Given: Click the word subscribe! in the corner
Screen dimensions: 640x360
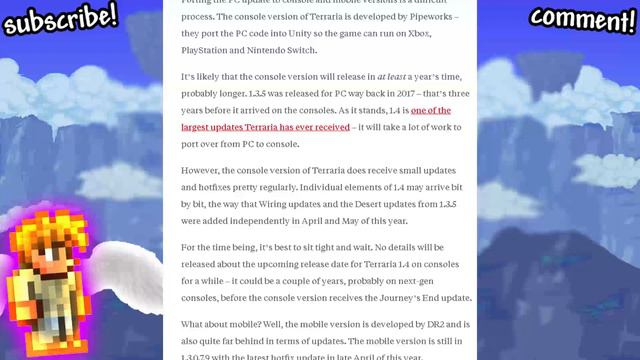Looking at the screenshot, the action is pyautogui.click(x=60, y=17).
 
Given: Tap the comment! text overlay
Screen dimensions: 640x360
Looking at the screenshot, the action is pyautogui.click(x=582, y=18).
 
